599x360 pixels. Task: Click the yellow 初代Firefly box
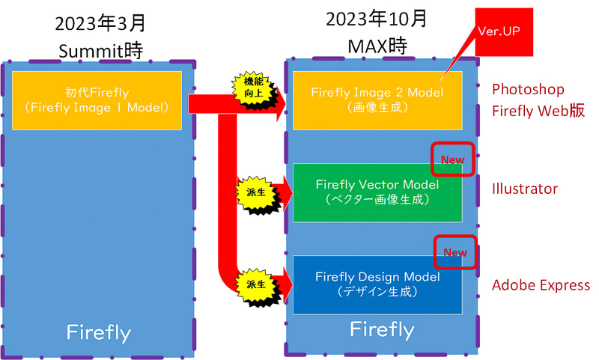pyautogui.click(x=97, y=100)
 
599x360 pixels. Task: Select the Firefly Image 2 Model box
pyautogui.click(x=377, y=100)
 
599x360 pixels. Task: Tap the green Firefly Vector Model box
pyautogui.click(x=377, y=192)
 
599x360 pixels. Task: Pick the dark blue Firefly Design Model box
pyautogui.click(x=377, y=284)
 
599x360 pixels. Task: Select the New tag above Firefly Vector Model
pyautogui.click(x=452, y=159)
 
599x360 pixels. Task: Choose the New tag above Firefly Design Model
pyautogui.click(x=455, y=253)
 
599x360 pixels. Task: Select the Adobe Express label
pyautogui.click(x=541, y=285)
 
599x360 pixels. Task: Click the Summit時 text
pyautogui.click(x=101, y=50)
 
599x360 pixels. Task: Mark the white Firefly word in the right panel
pyautogui.click(x=382, y=329)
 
